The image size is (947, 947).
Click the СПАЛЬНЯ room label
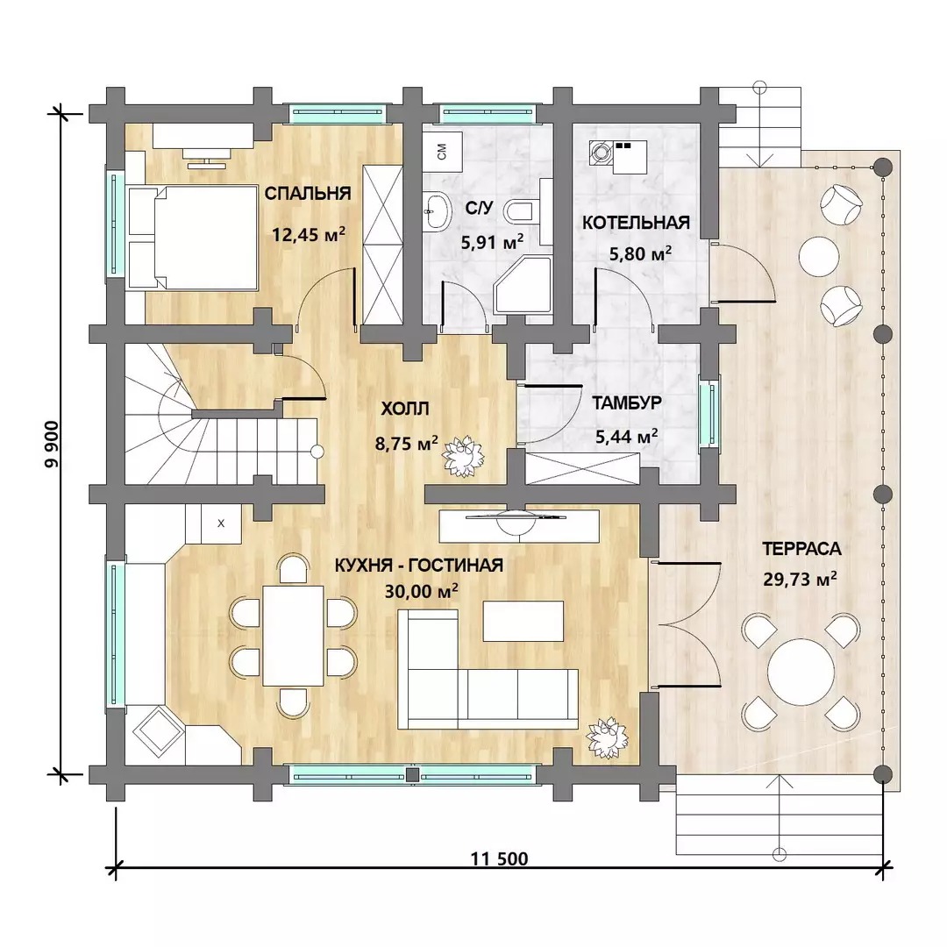[x=308, y=193]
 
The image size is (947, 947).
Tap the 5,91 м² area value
[x=492, y=242]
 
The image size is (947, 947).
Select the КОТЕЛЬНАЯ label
[x=636, y=222]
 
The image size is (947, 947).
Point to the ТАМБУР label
[x=627, y=402]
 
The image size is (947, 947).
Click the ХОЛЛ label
[x=404, y=409]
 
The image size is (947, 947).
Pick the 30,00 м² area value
[x=422, y=591]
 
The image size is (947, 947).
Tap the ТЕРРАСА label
[x=801, y=549]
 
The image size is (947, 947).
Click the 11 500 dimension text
[x=499, y=858]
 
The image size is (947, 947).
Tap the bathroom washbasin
[x=438, y=211]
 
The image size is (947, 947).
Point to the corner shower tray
[x=523, y=286]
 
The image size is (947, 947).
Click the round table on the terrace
[x=801, y=673]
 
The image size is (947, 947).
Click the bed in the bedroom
[x=193, y=238]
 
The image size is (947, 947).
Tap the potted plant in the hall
[x=464, y=457]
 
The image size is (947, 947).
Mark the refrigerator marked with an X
[x=220, y=523]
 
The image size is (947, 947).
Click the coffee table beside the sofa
[x=523, y=621]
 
